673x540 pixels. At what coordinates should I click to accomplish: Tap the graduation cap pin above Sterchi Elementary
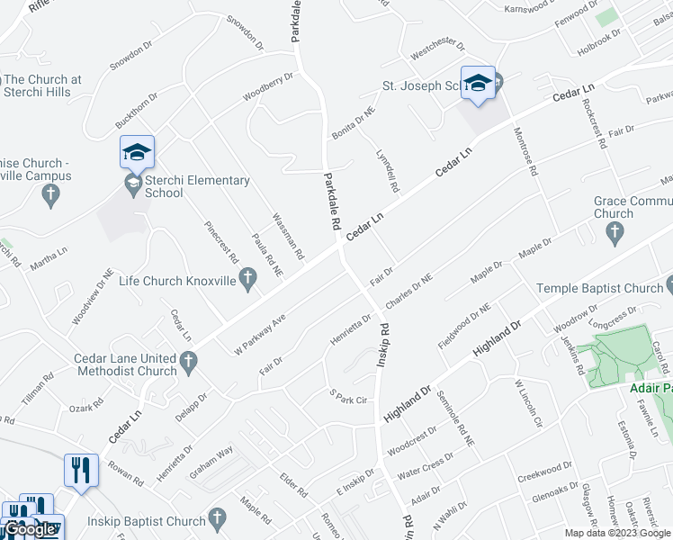click(x=137, y=151)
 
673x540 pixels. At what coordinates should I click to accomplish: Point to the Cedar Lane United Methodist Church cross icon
click(x=188, y=363)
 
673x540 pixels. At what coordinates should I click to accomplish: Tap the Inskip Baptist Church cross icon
click(x=216, y=519)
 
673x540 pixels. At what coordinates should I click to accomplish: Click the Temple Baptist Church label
click(x=598, y=288)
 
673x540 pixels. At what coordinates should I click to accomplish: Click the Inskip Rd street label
click(x=381, y=343)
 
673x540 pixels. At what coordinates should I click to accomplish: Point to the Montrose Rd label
click(x=525, y=150)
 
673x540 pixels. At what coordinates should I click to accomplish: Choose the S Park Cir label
click(x=350, y=397)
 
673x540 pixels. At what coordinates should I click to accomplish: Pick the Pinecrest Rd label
click(x=220, y=241)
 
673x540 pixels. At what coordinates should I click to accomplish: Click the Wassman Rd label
click(x=288, y=232)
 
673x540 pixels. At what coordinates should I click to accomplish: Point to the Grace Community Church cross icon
click(x=615, y=234)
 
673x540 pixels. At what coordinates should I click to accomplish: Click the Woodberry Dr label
click(x=267, y=86)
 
